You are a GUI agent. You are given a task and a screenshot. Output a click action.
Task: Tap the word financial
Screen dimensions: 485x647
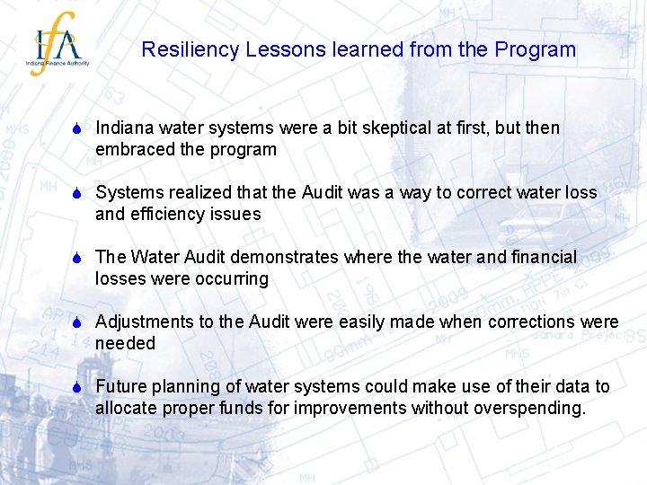click(x=538, y=258)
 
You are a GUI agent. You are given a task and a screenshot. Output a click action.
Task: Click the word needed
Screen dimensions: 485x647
click(x=125, y=344)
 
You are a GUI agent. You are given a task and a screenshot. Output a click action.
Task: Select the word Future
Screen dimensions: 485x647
click(x=120, y=387)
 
